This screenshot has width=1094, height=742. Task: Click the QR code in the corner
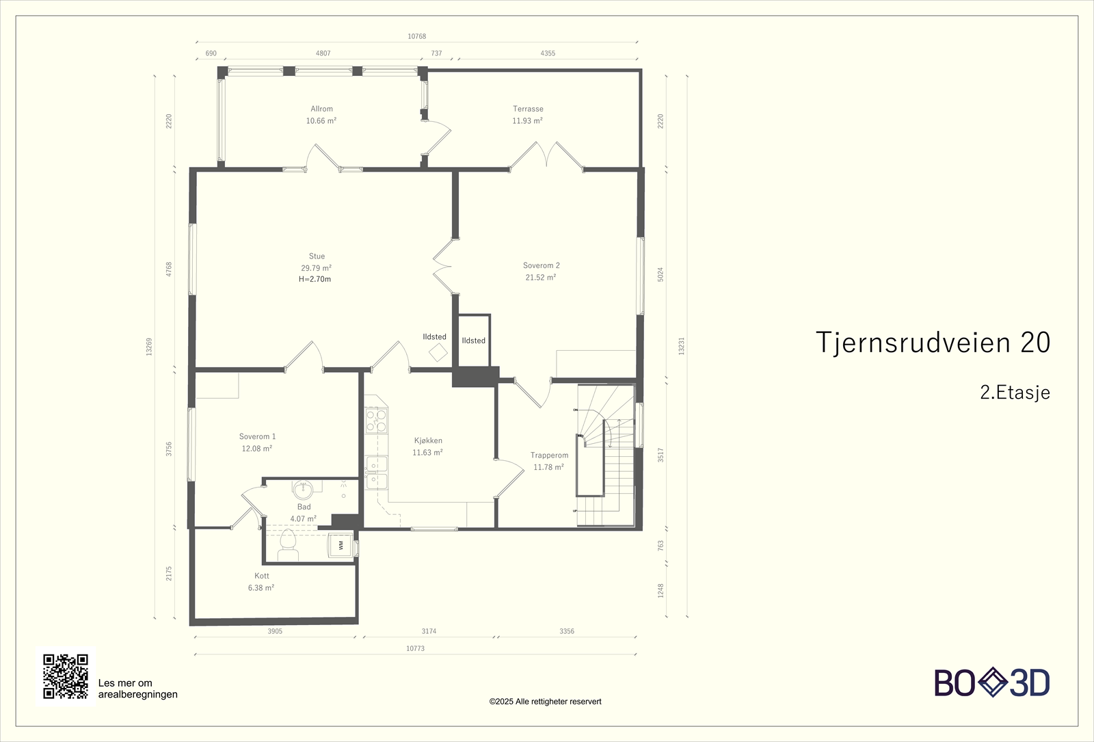(x=66, y=676)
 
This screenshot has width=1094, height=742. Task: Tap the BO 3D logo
(x=991, y=683)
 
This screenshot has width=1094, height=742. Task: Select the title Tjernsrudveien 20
(x=933, y=342)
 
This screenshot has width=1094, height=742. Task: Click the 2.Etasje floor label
(x=1015, y=393)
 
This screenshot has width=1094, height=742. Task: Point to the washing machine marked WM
(x=341, y=545)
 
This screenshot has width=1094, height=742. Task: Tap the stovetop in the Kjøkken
(x=375, y=420)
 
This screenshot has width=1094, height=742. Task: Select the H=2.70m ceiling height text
(x=315, y=279)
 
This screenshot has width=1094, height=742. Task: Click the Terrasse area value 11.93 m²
(x=527, y=121)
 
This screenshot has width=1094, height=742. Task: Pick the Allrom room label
(x=321, y=109)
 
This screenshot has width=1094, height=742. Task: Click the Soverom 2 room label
(x=541, y=265)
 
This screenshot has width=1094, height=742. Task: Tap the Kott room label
(x=261, y=576)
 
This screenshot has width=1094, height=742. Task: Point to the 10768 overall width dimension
(x=416, y=36)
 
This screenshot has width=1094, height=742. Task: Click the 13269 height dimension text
(x=149, y=346)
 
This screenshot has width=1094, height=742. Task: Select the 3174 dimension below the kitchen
(x=429, y=631)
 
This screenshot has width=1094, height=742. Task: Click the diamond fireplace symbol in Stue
(x=438, y=353)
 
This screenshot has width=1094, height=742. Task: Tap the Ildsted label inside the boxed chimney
(x=473, y=341)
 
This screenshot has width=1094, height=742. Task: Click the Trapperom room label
(x=549, y=455)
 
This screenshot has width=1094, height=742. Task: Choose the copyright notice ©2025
(x=545, y=701)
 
